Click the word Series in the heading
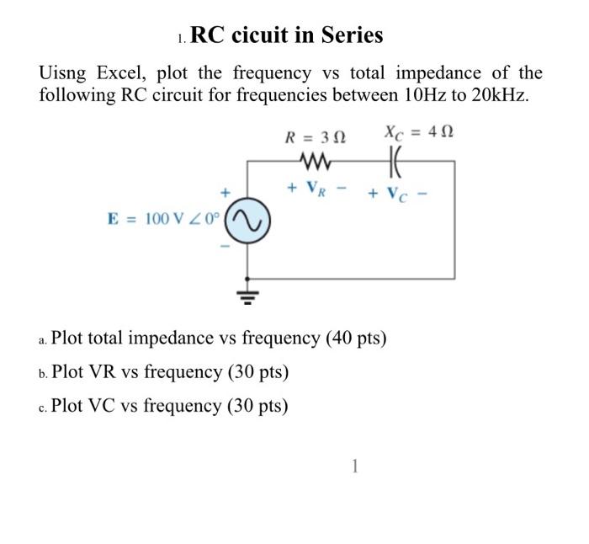point(347,35)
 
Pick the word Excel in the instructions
point(119,73)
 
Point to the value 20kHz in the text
point(499,94)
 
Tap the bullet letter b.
point(43,373)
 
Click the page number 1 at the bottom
point(354,465)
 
